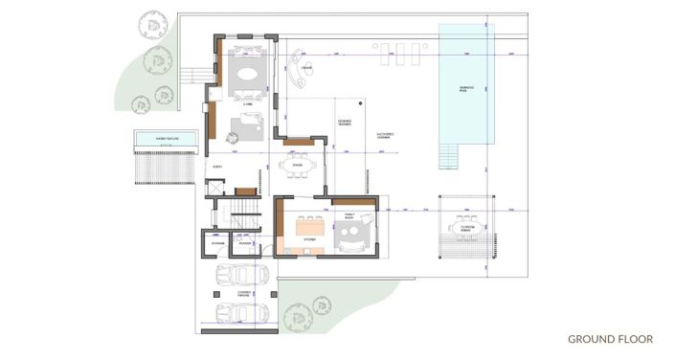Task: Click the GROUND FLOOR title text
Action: (610, 339)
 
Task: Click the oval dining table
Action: (298, 165)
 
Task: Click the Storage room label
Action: (216, 243)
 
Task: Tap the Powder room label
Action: (246, 243)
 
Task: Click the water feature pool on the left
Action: (167, 141)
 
